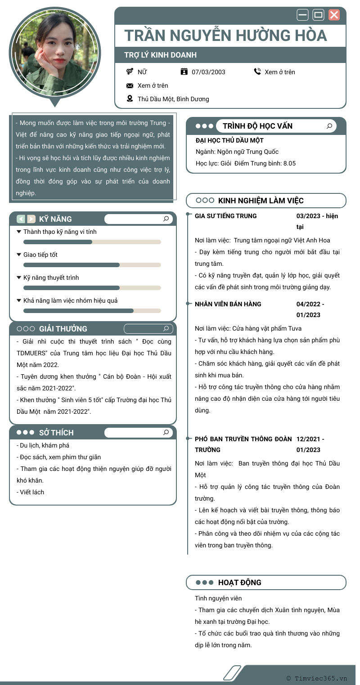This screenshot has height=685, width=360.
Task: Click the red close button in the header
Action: [x=334, y=15]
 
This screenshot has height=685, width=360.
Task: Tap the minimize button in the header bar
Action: [x=302, y=15]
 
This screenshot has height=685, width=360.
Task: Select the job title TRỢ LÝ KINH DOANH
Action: [x=160, y=55]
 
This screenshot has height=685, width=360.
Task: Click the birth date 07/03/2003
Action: [x=208, y=72]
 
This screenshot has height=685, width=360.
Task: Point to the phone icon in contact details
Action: [x=257, y=72]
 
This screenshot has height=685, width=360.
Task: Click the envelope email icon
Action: [x=130, y=85]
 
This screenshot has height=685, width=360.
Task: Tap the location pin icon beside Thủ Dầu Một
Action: [x=130, y=99]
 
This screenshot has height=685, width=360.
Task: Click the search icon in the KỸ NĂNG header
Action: [x=166, y=219]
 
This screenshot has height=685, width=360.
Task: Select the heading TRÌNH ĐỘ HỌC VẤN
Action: [x=257, y=126]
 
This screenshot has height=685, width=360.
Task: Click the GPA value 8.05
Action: [x=289, y=163]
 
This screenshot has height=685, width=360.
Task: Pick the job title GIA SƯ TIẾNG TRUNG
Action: [x=226, y=216]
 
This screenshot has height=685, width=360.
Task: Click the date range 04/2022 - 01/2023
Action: [x=310, y=309]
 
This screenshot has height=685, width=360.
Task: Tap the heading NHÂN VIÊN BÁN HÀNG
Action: [x=228, y=304]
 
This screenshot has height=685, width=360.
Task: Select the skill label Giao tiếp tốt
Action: [x=40, y=255]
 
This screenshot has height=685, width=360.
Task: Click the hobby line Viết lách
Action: [x=32, y=492]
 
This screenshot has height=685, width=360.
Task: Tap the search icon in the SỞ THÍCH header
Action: [x=166, y=433]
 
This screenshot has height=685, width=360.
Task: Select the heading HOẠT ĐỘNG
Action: [x=239, y=582]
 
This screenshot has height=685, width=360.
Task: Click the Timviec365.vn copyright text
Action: [x=317, y=678]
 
